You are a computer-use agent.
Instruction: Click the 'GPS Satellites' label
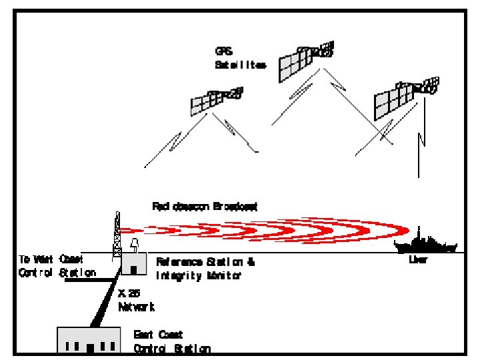click(x=240, y=58)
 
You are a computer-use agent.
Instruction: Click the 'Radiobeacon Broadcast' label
click(x=205, y=207)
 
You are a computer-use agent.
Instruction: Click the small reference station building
click(x=133, y=264)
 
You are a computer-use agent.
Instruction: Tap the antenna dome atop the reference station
click(x=135, y=245)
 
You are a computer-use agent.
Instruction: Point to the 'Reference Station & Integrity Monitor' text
click(x=205, y=268)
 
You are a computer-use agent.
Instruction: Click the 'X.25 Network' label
click(x=137, y=300)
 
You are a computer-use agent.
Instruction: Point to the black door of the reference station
click(x=134, y=270)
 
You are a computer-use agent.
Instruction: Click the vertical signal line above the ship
click(x=419, y=153)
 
